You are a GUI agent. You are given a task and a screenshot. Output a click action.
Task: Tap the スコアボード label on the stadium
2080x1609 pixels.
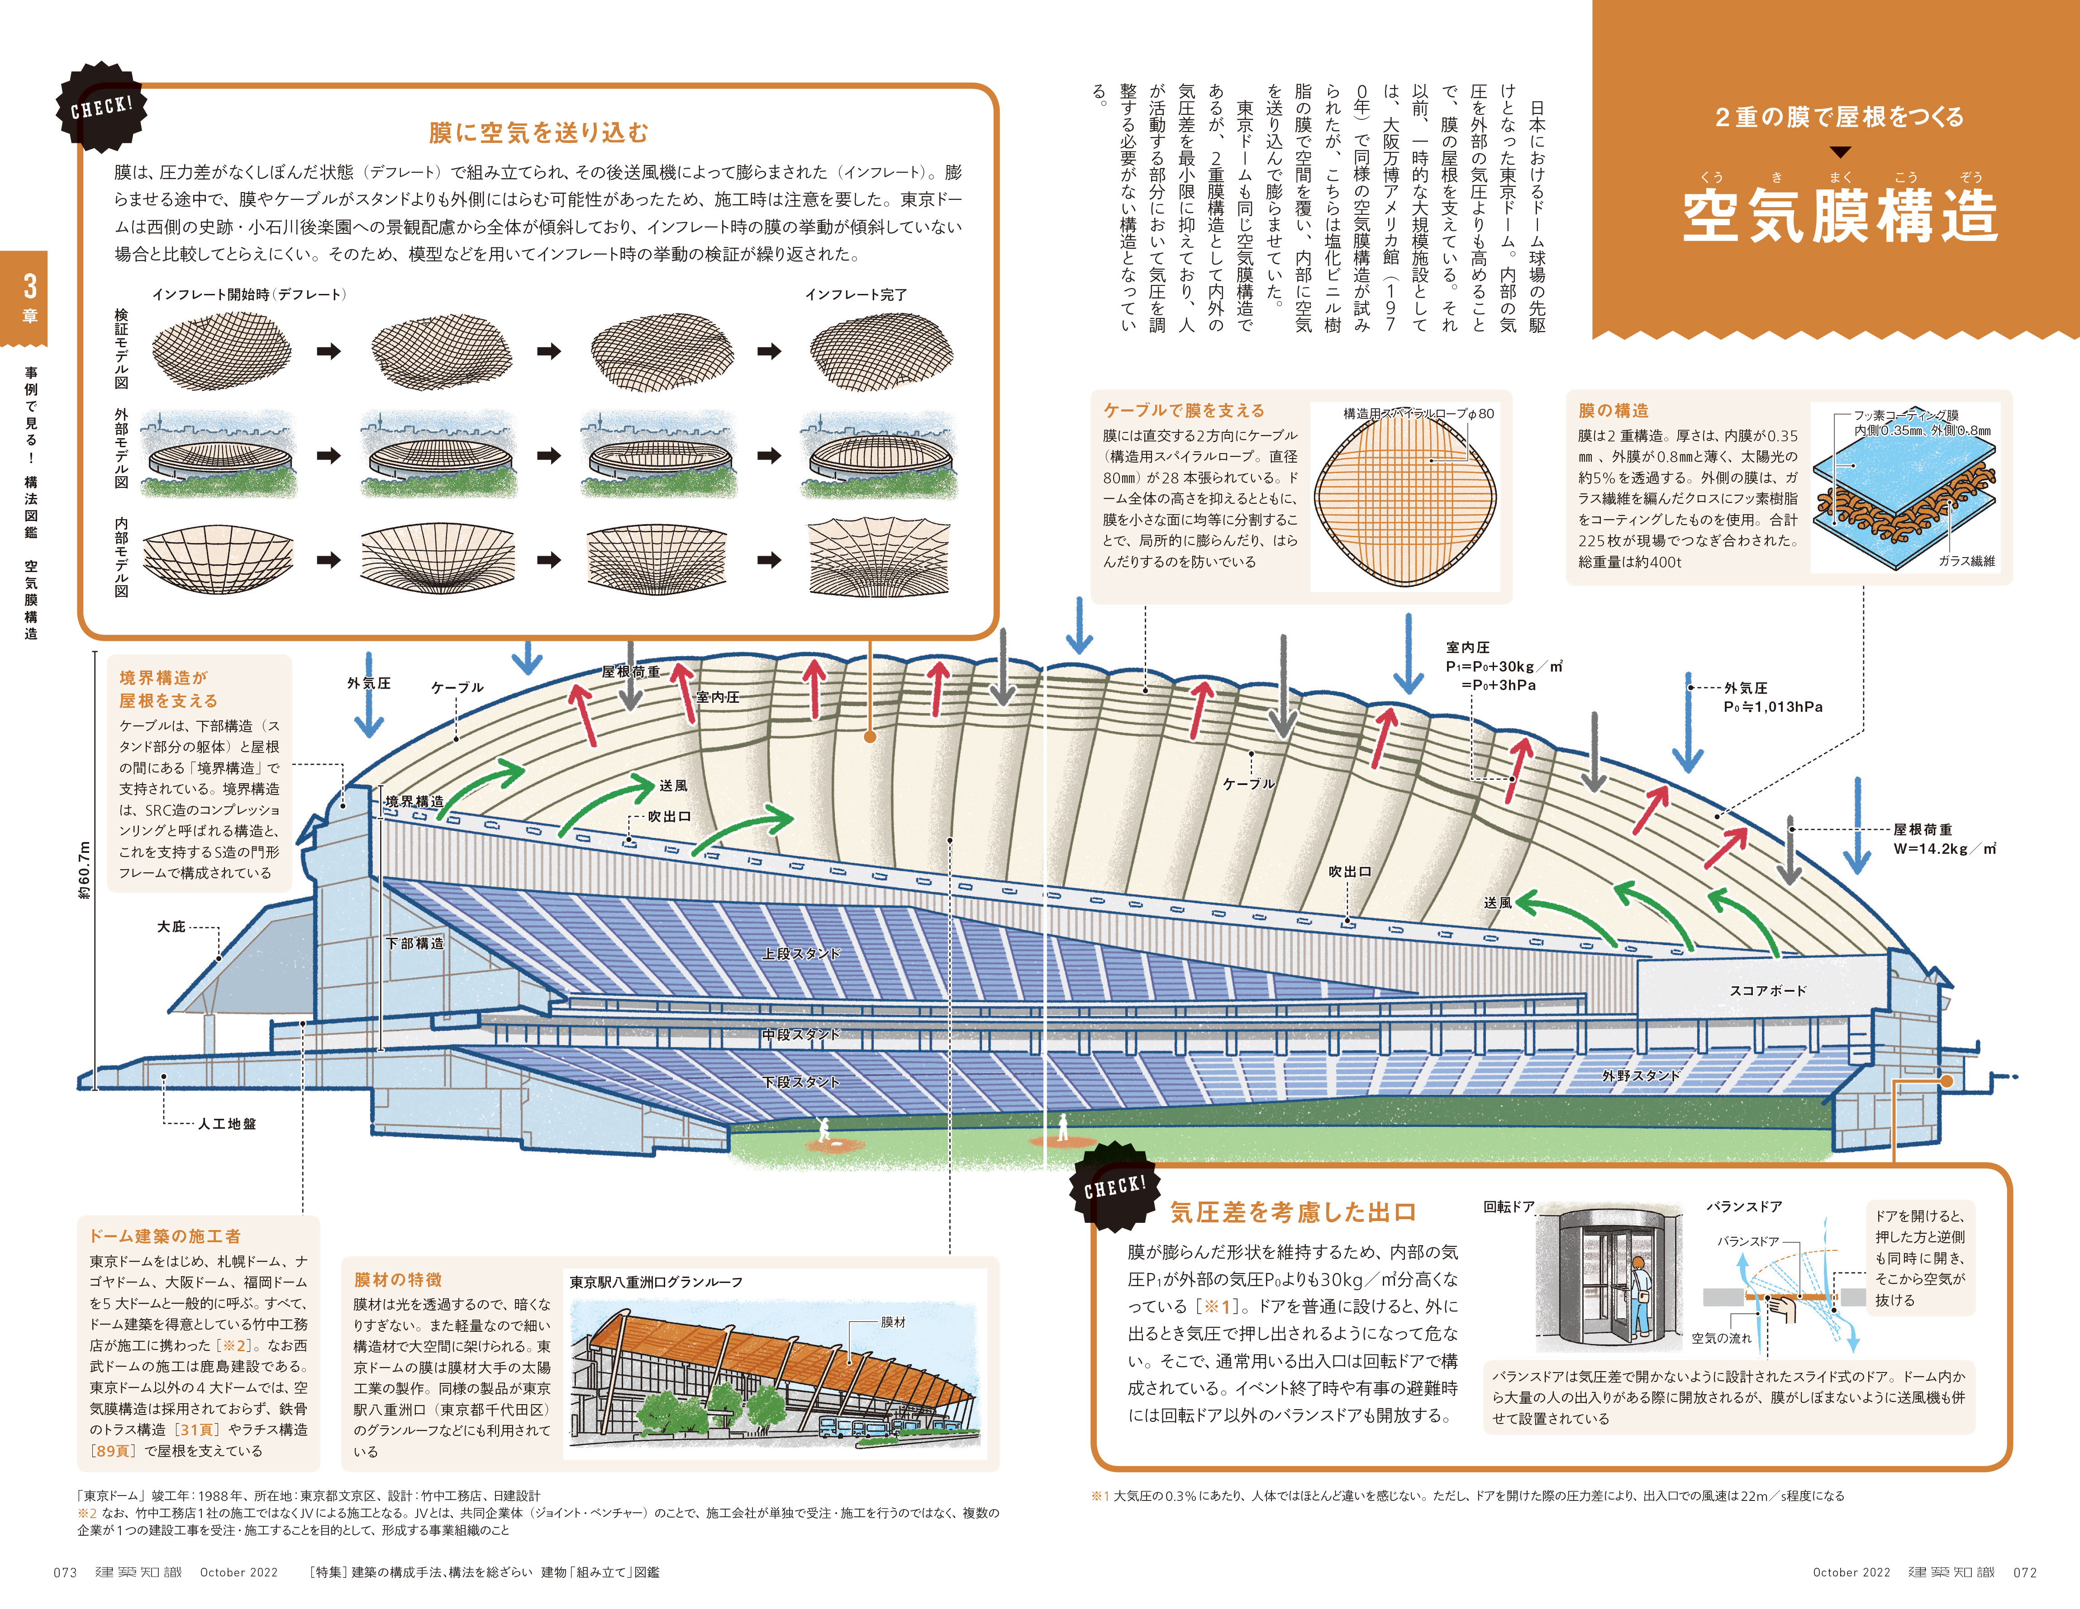[x=1768, y=990]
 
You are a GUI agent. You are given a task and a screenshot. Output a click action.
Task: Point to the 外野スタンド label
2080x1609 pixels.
[x=1640, y=1075]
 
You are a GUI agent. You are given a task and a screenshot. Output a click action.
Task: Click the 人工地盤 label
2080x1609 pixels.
[x=227, y=1123]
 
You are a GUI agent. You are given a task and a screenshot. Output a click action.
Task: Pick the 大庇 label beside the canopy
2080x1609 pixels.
[x=171, y=926]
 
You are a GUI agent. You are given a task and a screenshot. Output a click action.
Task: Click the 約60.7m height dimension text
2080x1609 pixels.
[x=85, y=869]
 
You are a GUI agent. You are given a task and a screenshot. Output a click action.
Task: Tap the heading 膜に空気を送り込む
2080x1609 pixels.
[x=538, y=133]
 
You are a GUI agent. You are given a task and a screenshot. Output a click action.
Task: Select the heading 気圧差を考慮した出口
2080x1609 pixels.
[x=1292, y=1212]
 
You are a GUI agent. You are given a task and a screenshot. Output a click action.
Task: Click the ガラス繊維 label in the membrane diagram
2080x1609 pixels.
[x=1966, y=561]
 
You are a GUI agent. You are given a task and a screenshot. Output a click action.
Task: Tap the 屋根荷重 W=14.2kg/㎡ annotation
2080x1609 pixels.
[x=1943, y=839]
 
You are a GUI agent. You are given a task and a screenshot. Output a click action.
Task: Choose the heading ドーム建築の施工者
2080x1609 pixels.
[x=165, y=1236]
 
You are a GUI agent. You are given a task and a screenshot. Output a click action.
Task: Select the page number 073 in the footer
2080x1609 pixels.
[x=65, y=1572]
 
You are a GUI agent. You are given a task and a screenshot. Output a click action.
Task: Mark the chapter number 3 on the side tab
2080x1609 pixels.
[x=29, y=286]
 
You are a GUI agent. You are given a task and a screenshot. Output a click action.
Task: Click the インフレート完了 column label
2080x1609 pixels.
[x=855, y=294]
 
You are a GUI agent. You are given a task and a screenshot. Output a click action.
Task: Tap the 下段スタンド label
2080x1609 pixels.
[x=800, y=1082]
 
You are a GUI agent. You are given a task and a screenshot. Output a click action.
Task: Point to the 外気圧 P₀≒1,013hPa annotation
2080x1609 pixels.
[x=1771, y=697]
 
